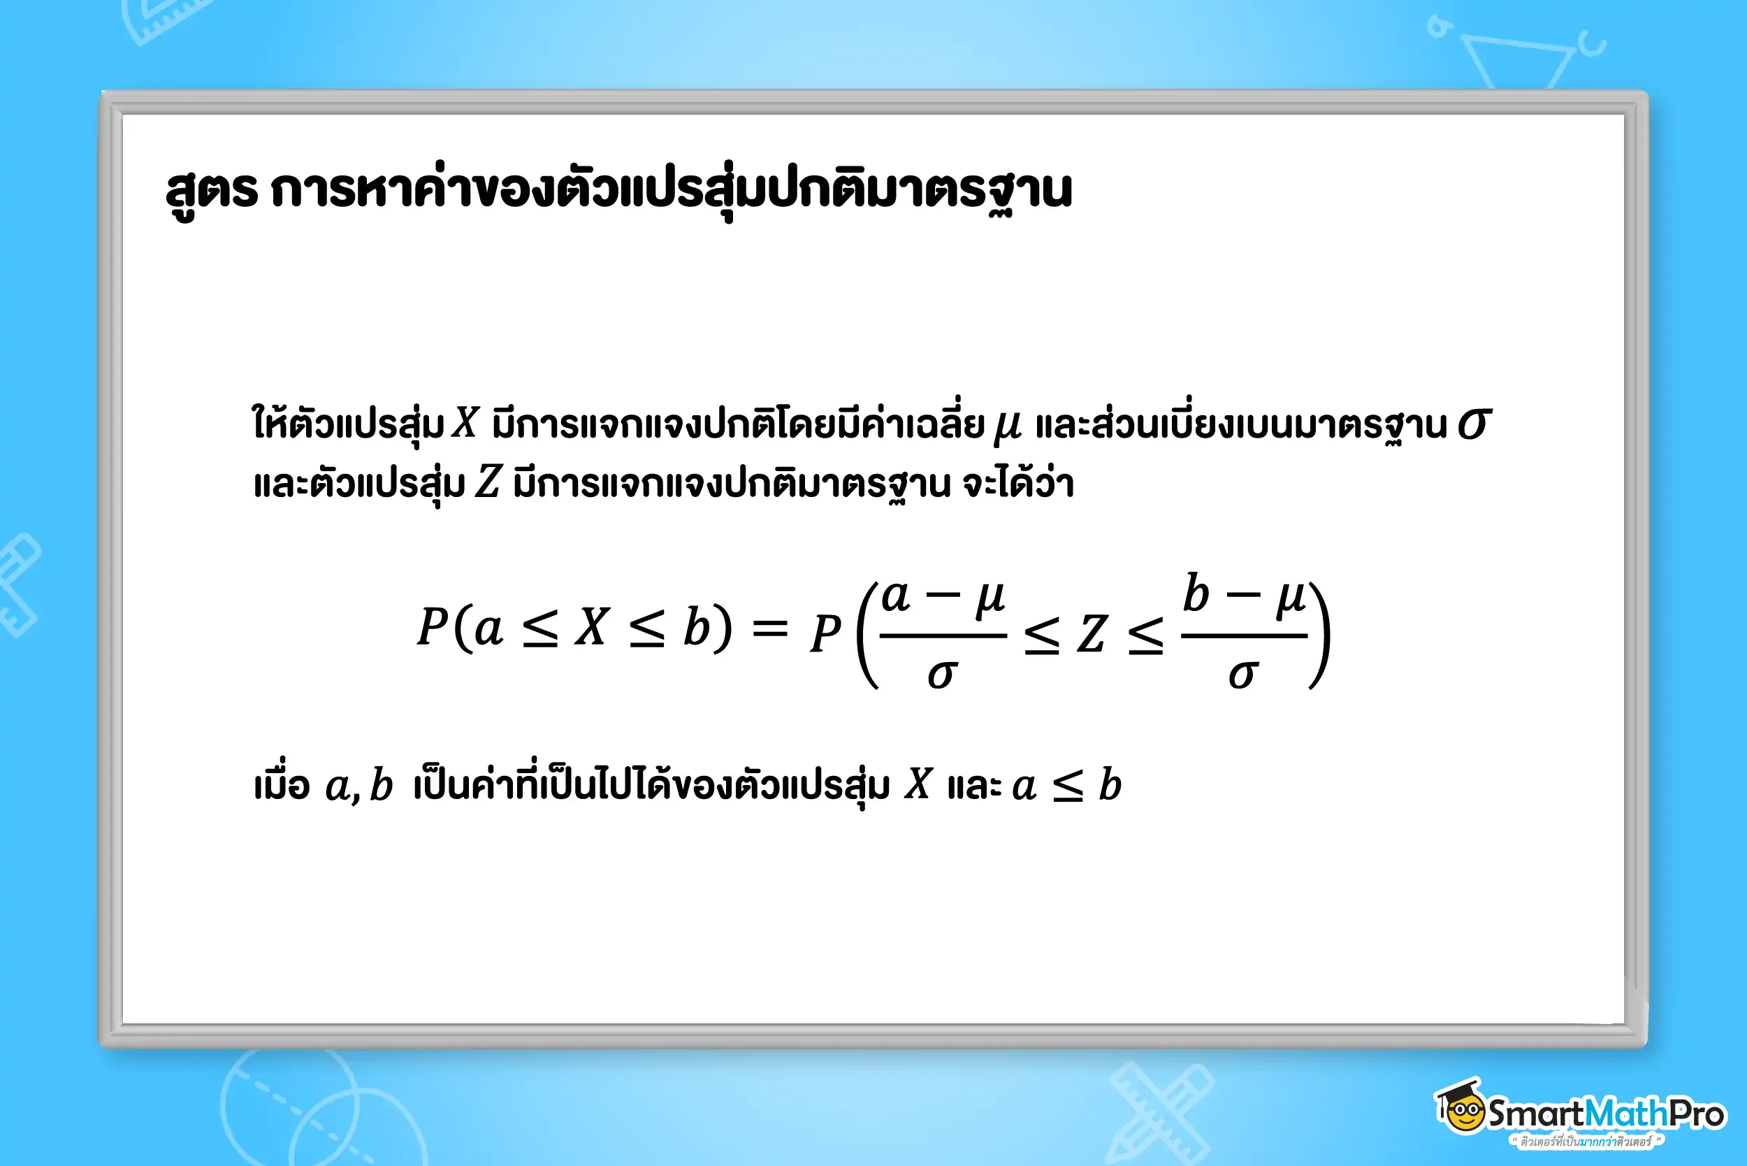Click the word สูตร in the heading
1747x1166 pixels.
212,192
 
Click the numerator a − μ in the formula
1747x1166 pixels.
943,597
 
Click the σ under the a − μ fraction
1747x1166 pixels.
942,675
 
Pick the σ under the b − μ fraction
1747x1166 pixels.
1243,675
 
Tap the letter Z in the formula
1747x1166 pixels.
1092,634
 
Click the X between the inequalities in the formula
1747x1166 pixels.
593,627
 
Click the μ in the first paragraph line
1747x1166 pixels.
1007,428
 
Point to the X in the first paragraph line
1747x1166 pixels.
465,422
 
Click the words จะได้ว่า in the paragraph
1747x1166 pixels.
1017,481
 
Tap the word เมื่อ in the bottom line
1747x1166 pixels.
282,784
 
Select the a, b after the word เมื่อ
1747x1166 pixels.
359,785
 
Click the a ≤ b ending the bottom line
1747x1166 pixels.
1067,785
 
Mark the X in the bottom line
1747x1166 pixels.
918,783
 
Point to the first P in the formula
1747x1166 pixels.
432,626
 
